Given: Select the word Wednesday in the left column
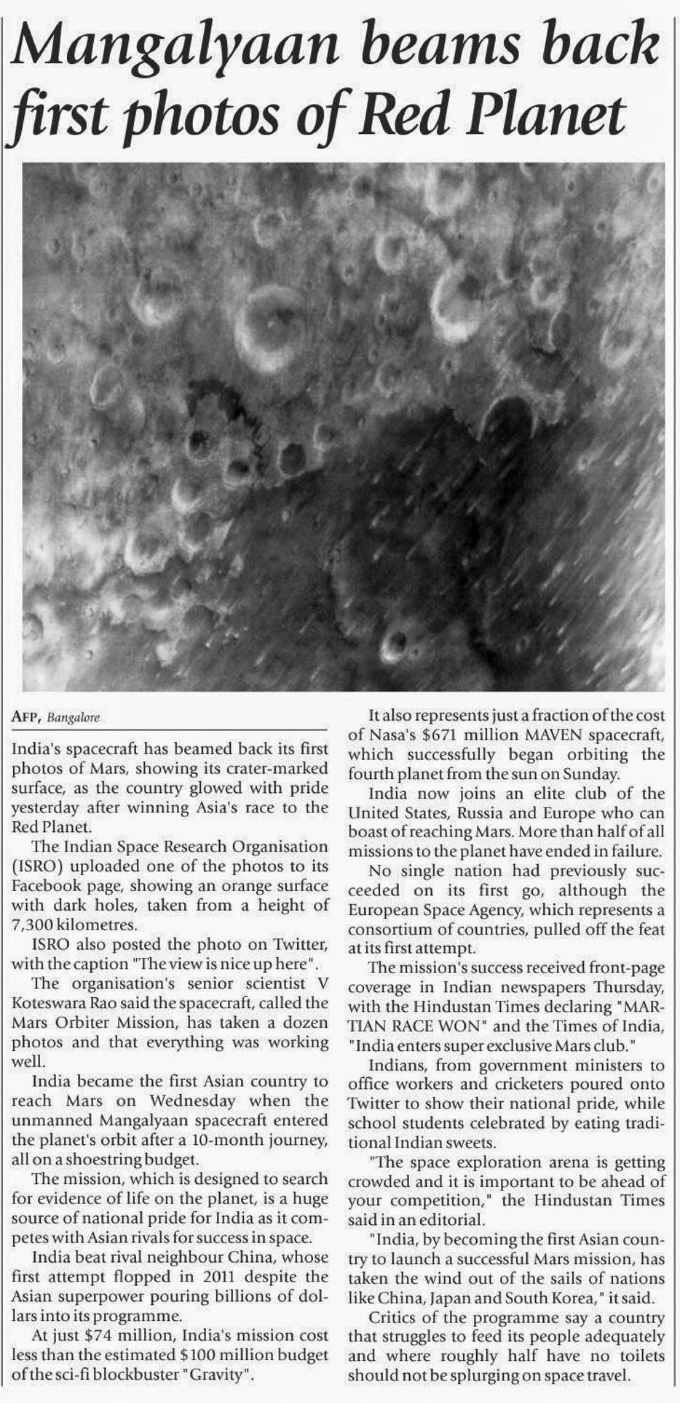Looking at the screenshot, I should point(193,1101).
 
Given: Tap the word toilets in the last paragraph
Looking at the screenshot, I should point(641,1356).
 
